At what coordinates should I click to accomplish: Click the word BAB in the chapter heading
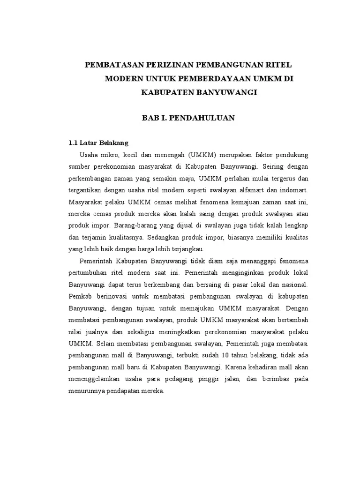tap(150, 118)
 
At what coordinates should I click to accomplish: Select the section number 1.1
tap(73, 142)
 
